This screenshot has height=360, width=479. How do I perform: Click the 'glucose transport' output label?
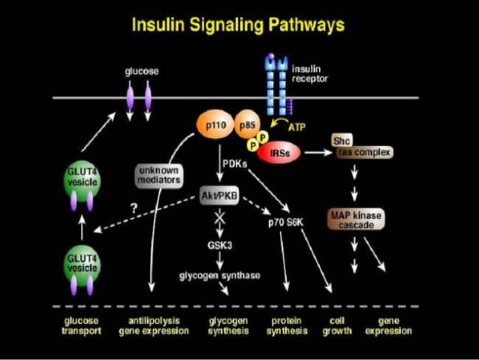tap(80, 325)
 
